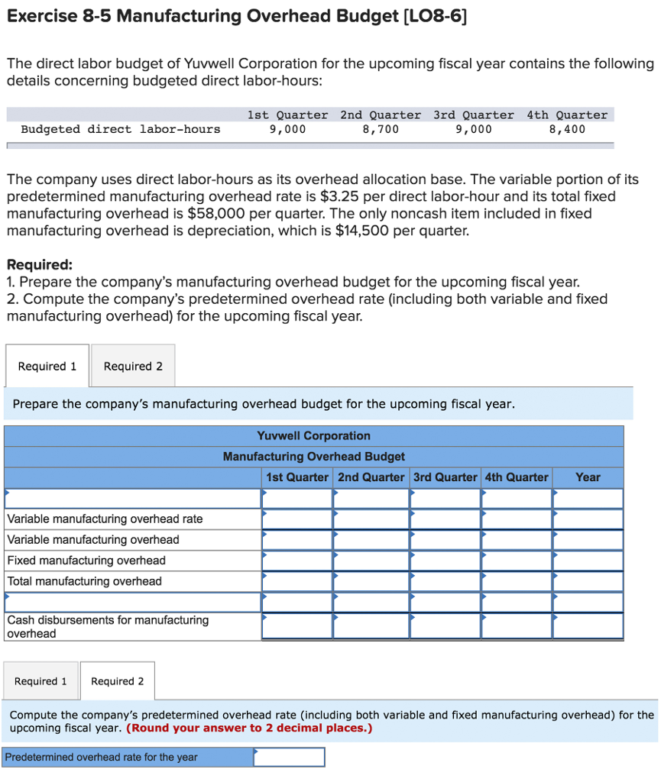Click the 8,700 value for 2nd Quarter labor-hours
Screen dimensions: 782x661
pyautogui.click(x=380, y=129)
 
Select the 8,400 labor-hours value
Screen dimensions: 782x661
pyautogui.click(x=567, y=129)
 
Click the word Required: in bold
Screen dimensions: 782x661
pyautogui.click(x=40, y=265)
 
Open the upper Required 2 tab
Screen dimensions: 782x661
pyautogui.click(x=133, y=366)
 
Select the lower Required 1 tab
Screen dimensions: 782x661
pyautogui.click(x=41, y=681)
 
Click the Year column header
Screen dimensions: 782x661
pyautogui.click(x=588, y=477)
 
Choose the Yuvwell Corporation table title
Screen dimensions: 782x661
pyautogui.click(x=313, y=436)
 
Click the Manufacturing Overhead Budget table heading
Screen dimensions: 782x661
pyautogui.click(x=313, y=457)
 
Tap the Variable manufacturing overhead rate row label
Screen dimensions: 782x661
pyautogui.click(x=105, y=519)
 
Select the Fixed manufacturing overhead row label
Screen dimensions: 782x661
pyautogui.click(x=86, y=561)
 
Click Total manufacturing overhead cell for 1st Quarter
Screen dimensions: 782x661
pyautogui.click(x=296, y=581)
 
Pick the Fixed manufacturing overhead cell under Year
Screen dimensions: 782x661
pyautogui.click(x=588, y=561)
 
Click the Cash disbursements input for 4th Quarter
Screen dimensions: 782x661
pyautogui.click(x=516, y=626)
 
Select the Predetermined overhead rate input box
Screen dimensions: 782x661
pyautogui.click(x=289, y=757)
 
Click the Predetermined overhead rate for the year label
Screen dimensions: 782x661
pyautogui.click(x=101, y=758)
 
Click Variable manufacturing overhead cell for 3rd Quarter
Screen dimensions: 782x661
pyautogui.click(x=445, y=540)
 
